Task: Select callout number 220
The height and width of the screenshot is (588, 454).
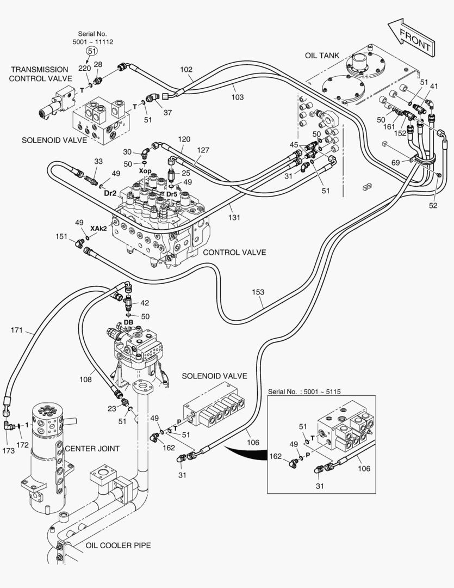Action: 84,68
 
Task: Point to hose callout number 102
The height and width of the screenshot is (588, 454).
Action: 186,70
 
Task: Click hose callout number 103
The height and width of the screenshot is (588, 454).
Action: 237,97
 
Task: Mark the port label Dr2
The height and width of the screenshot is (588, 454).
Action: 111,193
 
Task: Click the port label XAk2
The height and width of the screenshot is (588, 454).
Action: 98,228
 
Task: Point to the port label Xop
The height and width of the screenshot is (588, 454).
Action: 145,171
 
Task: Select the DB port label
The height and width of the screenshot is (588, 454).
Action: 128,322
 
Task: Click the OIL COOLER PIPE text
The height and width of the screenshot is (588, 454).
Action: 118,545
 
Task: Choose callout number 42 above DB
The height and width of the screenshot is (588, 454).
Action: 144,303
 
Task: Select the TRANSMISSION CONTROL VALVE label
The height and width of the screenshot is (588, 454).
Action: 40,73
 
